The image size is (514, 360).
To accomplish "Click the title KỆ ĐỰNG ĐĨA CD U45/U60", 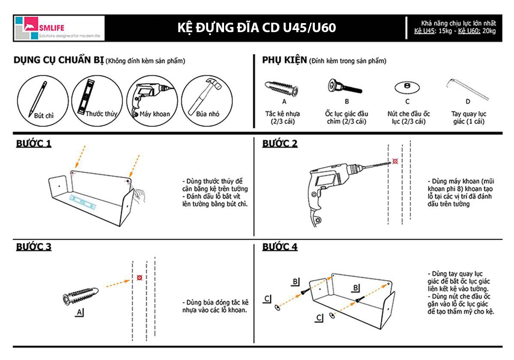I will click(x=257, y=28).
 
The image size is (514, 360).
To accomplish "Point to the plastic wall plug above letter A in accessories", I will click(x=281, y=88).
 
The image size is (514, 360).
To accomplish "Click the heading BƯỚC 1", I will click(x=34, y=144).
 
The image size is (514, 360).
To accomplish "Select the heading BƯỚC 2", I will click(x=280, y=144).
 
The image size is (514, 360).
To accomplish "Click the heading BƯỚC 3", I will click(x=34, y=247).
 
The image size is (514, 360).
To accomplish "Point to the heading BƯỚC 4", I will click(x=280, y=247).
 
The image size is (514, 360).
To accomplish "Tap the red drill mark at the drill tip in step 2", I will click(x=395, y=161).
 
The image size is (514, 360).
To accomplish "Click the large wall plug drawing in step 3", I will click(x=81, y=295).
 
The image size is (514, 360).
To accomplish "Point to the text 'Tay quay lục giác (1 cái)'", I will click(x=468, y=117).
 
